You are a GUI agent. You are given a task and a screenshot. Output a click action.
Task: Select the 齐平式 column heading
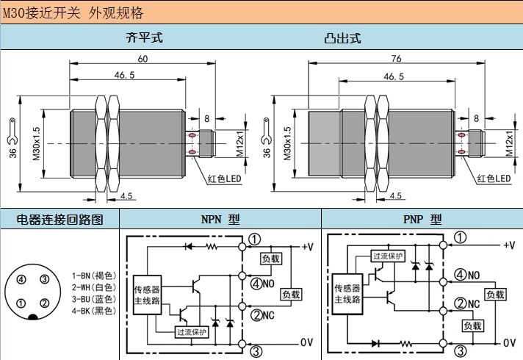tap(140, 38)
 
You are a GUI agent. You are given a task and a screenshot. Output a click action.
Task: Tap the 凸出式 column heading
tap(342, 38)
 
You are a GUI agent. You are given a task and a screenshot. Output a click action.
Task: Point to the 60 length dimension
tap(142, 59)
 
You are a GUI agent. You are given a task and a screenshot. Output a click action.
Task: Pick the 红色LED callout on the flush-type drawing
tap(226, 179)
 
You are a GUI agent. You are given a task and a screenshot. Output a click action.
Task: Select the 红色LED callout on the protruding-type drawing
tap(493, 179)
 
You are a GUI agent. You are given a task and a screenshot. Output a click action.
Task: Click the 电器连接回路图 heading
tap(59, 219)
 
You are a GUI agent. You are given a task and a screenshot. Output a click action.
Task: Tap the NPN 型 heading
tap(220, 219)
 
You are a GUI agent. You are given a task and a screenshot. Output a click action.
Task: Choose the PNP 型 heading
tap(422, 219)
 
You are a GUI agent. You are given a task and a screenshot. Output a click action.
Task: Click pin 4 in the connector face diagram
tap(22, 279)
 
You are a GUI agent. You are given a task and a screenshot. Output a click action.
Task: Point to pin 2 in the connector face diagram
tap(44, 303)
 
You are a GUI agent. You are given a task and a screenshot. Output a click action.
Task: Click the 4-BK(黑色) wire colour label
tap(93, 311)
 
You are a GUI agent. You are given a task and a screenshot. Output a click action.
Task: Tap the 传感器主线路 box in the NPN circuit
tap(147, 294)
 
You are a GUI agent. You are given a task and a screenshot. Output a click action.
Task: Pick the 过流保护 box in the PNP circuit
tap(388, 256)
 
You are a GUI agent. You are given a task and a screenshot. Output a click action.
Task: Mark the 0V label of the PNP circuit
tap(509, 342)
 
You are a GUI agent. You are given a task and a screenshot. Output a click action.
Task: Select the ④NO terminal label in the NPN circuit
tap(262, 283)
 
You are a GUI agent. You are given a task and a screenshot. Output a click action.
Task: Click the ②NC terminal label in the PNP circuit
tap(467, 303)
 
